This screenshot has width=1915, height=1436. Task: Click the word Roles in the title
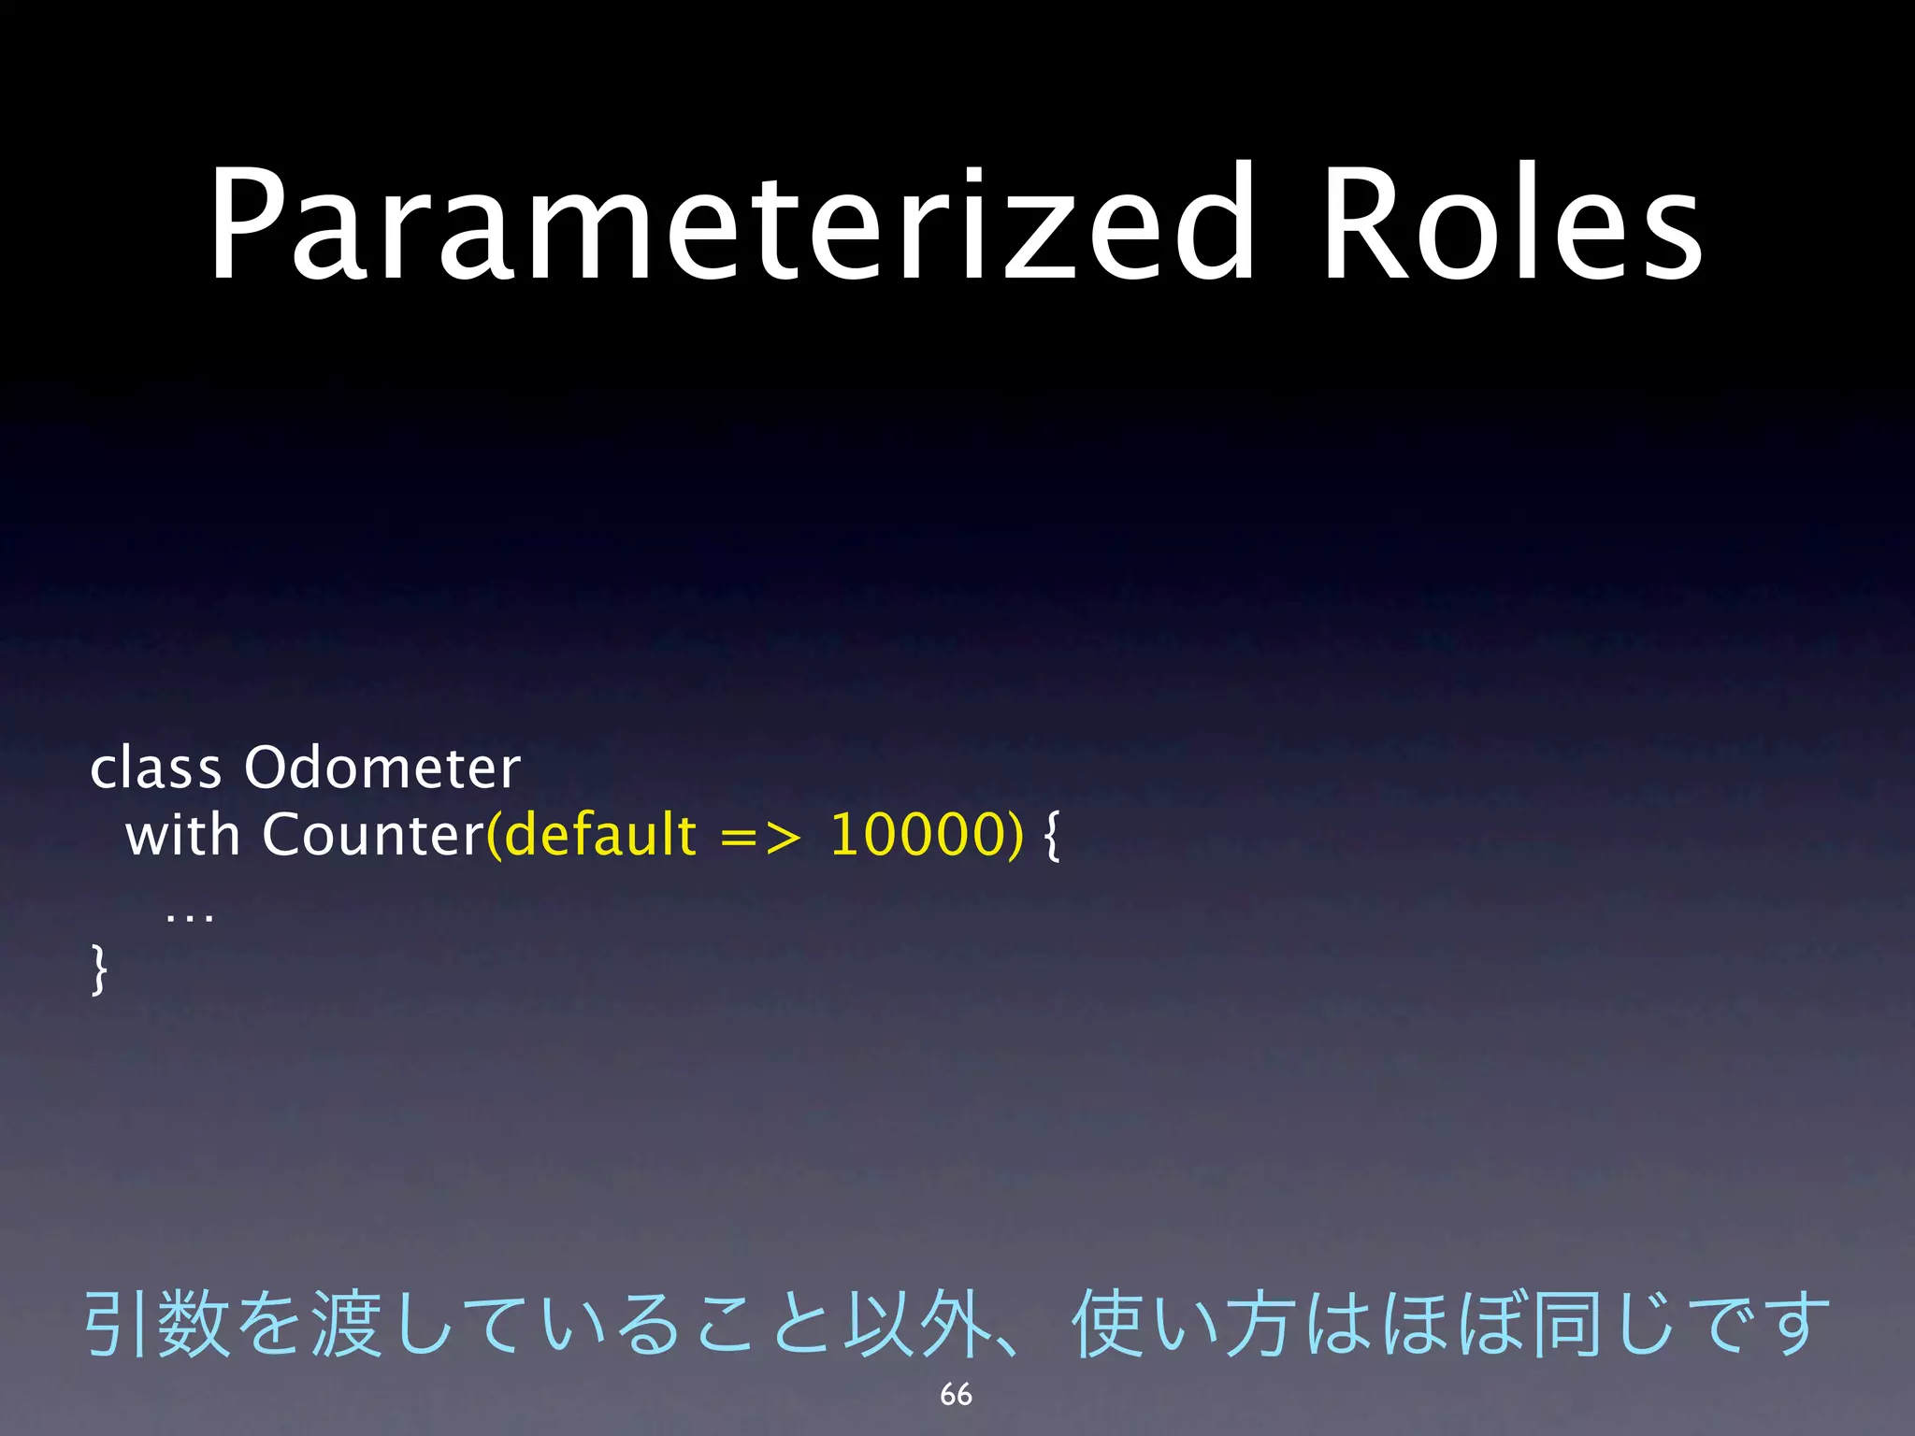pos(1511,224)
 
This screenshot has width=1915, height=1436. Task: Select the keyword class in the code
pos(155,768)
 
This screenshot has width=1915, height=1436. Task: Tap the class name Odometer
pos(382,768)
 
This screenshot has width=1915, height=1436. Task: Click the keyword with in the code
pos(182,835)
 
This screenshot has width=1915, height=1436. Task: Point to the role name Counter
pos(373,835)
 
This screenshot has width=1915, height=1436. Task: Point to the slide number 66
pos(956,1394)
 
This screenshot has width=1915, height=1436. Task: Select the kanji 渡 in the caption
pos(346,1323)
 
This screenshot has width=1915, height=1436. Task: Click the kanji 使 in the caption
pos(1108,1323)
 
